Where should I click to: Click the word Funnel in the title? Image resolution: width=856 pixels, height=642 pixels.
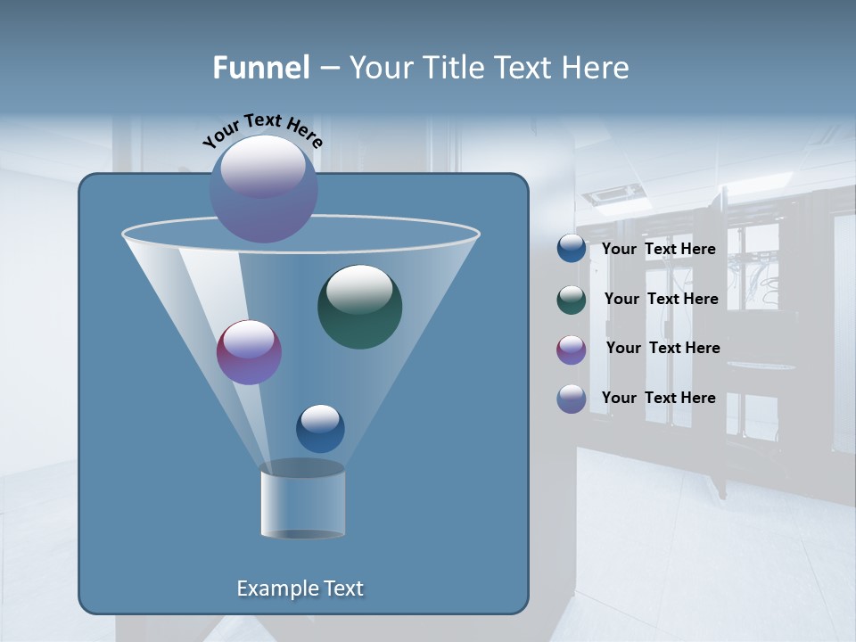pyautogui.click(x=260, y=68)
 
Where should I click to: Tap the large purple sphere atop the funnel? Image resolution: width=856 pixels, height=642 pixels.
pyautogui.click(x=263, y=188)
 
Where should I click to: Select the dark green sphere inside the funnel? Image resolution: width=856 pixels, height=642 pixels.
pyautogui.click(x=359, y=306)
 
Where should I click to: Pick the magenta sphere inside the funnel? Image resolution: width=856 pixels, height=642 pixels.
pyautogui.click(x=249, y=352)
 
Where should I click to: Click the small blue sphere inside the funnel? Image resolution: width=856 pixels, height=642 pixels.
pyautogui.click(x=320, y=428)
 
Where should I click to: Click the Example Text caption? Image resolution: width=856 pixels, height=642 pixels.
pyautogui.click(x=300, y=588)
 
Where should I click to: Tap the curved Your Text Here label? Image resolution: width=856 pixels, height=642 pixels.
pyautogui.click(x=262, y=130)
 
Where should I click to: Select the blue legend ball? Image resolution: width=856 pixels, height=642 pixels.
pyautogui.click(x=572, y=249)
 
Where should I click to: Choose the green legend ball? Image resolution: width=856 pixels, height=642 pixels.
pyautogui.click(x=572, y=300)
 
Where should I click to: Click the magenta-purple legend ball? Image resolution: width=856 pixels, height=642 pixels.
pyautogui.click(x=572, y=350)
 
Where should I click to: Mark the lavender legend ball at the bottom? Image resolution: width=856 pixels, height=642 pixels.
pyautogui.click(x=572, y=399)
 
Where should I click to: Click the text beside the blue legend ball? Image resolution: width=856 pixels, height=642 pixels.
pyautogui.click(x=658, y=250)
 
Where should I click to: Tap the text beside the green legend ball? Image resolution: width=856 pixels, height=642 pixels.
pyautogui.click(x=661, y=300)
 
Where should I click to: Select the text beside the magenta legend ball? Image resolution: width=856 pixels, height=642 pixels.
pyautogui.click(x=663, y=349)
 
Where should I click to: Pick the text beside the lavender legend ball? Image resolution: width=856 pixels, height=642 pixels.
pyautogui.click(x=658, y=399)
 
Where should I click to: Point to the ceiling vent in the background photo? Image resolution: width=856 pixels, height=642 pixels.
pyautogui.click(x=613, y=193)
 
